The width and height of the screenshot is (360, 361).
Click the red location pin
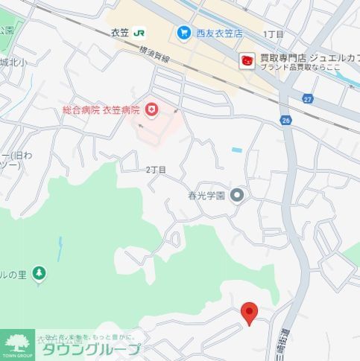(x=250, y=313)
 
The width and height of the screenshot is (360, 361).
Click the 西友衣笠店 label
(x=219, y=33)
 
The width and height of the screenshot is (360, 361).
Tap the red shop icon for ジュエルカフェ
(x=246, y=61)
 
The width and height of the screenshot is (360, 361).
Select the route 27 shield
(x=308, y=98)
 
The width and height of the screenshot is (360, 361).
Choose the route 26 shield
(x=285, y=118)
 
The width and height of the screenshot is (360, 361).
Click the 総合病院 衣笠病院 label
(x=101, y=111)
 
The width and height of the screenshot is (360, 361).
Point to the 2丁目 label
(x=156, y=170)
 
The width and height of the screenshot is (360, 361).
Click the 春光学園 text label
(x=206, y=197)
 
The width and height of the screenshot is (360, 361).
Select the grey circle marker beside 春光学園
(x=237, y=196)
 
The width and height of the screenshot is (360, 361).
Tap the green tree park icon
(x=39, y=274)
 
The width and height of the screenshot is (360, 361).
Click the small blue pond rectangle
(x=237, y=150)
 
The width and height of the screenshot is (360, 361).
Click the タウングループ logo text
(x=89, y=350)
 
